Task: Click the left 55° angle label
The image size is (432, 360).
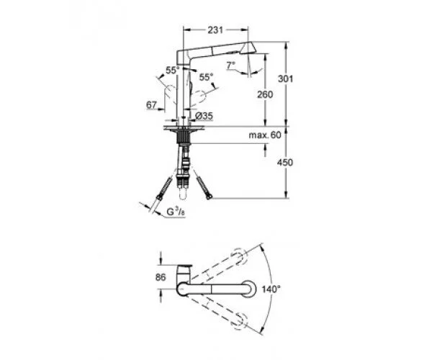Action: tap(172, 71)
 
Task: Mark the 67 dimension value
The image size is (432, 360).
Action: tap(151, 105)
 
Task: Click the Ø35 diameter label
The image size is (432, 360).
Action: tap(202, 116)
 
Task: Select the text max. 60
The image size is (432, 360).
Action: tap(266, 135)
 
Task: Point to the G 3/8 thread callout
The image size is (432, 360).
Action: tap(176, 212)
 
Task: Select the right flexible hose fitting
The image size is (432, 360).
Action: tap(206, 191)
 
